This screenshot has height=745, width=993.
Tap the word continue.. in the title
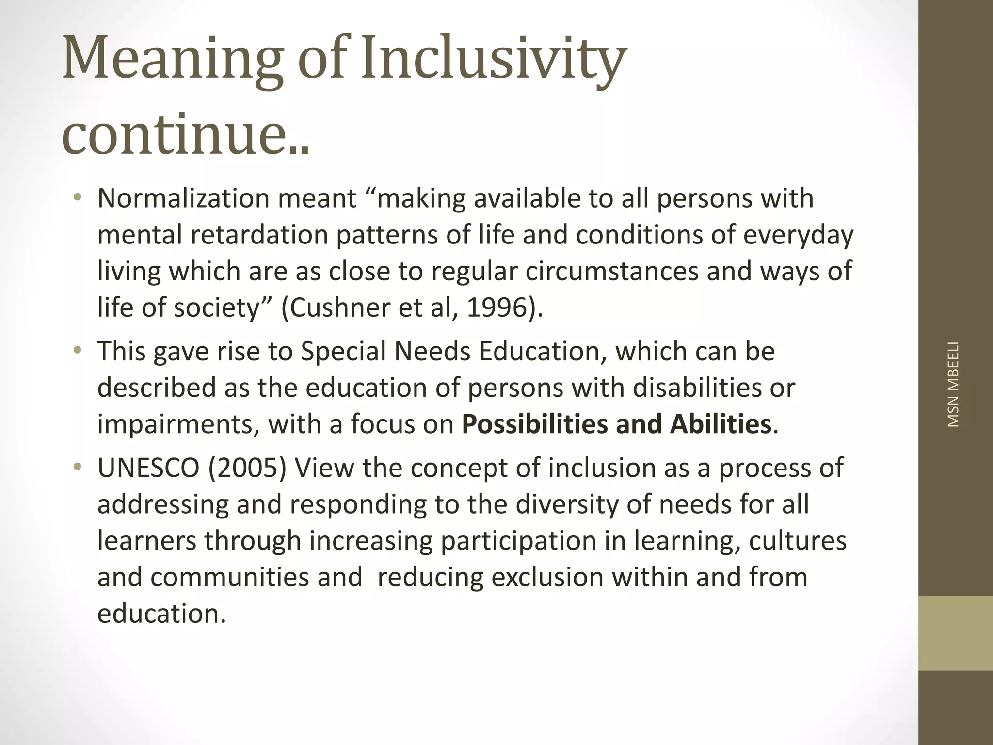tap(186, 132)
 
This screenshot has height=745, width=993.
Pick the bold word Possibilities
tap(535, 424)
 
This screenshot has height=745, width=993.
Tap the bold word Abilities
tap(721, 424)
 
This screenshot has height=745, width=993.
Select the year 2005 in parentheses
tap(247, 468)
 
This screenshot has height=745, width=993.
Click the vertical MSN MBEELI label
tap(953, 385)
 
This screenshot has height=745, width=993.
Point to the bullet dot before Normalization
tap(77, 197)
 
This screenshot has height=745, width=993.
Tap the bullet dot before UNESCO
tap(77, 467)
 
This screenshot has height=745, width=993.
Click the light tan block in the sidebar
tap(955, 633)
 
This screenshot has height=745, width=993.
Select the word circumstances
tap(612, 271)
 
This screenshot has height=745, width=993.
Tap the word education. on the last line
tap(161, 614)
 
